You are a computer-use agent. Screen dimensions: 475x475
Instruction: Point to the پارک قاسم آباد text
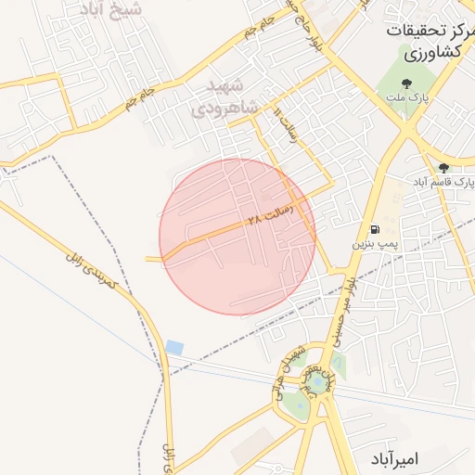point(443,182)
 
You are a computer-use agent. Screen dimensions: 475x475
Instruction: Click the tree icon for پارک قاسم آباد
point(443,168)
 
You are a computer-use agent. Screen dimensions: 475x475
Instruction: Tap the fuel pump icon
point(374,229)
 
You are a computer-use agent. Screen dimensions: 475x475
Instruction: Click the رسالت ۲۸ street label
point(270,214)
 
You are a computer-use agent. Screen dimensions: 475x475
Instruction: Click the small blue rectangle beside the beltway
point(174,348)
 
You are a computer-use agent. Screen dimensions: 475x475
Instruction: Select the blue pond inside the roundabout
point(319,381)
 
